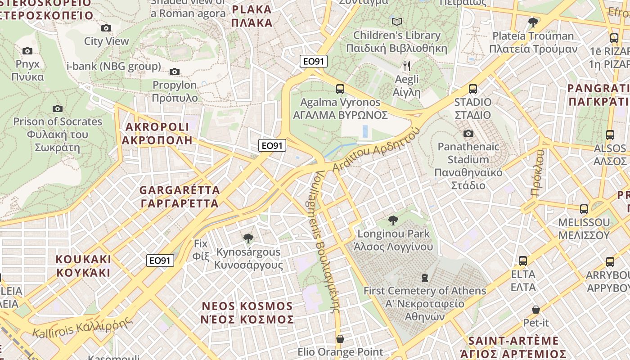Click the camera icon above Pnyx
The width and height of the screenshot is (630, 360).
pos(27,51)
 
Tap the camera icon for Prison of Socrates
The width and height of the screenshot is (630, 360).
pos(57,108)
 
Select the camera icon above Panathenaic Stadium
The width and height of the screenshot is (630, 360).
pos(468,133)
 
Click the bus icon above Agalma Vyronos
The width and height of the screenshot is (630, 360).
pos(340,89)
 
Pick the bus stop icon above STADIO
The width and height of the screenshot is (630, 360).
pos(472,89)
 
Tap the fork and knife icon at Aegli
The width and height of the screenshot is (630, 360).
pos(407,67)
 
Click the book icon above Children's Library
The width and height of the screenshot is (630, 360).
pos(396,22)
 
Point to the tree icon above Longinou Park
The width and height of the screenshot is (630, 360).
pos(393,220)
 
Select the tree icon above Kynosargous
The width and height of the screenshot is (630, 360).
pos(247,238)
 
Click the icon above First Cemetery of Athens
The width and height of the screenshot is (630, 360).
pos(424,277)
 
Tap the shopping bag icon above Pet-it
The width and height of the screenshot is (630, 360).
pos(535,310)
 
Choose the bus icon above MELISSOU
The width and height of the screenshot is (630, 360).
pos(584,209)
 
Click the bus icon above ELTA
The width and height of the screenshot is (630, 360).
pos(522,261)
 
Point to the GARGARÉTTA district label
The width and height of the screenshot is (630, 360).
pos(180,197)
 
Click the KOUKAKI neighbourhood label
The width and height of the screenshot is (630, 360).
pos(83,266)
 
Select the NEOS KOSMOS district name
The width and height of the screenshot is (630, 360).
pos(247,313)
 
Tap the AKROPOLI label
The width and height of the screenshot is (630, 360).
pos(157,133)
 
